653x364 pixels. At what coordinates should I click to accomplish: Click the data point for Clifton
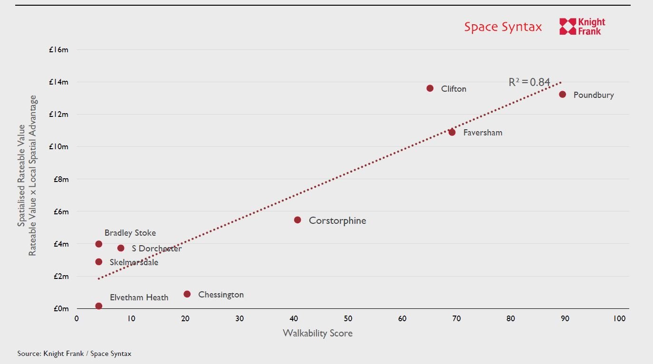(430, 88)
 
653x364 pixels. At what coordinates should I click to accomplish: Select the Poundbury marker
(563, 95)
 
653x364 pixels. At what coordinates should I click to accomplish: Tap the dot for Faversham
(452, 133)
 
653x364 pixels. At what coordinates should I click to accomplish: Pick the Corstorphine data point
(298, 220)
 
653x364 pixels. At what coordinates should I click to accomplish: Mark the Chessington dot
(187, 294)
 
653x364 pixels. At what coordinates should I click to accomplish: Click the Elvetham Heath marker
(99, 306)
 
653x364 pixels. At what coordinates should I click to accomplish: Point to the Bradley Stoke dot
(99, 244)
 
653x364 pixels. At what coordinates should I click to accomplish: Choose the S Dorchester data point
(121, 248)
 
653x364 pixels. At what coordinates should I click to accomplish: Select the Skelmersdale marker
(99, 262)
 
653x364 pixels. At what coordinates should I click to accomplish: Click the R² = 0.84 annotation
(529, 82)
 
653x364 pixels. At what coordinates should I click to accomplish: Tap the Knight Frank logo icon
(567, 27)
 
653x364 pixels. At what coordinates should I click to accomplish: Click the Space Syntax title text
(503, 27)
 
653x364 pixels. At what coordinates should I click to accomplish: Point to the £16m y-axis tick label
(58, 49)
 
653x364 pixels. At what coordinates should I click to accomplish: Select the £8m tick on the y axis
(60, 179)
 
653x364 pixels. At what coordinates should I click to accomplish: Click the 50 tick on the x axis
(348, 318)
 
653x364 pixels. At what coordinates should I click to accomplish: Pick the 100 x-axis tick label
(619, 318)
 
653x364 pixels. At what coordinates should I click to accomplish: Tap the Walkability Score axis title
(317, 333)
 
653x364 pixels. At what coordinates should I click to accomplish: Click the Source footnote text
(74, 354)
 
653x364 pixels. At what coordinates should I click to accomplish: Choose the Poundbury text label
(594, 95)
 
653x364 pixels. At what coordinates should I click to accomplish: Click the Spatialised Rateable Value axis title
(21, 175)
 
